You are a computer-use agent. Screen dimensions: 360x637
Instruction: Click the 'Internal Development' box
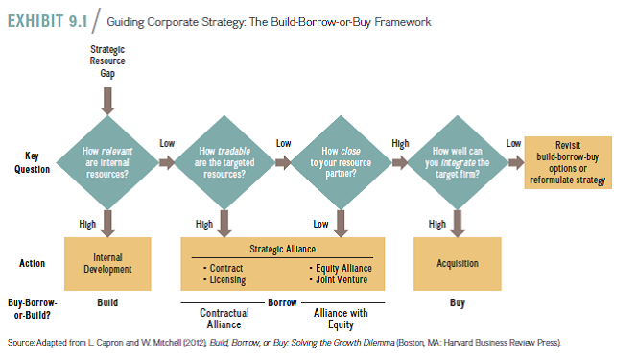tap(107, 263)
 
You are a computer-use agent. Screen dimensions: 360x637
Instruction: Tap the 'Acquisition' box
tap(458, 263)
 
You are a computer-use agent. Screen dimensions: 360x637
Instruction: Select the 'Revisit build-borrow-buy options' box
tap(568, 162)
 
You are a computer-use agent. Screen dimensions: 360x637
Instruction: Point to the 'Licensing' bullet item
tap(227, 280)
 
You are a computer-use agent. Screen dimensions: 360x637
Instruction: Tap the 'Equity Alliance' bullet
tap(342, 268)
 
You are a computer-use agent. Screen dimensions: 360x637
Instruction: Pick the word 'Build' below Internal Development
tap(107, 302)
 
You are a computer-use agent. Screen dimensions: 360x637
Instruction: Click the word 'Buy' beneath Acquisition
tap(458, 302)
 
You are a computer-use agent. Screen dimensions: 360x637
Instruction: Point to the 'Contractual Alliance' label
tap(224, 319)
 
